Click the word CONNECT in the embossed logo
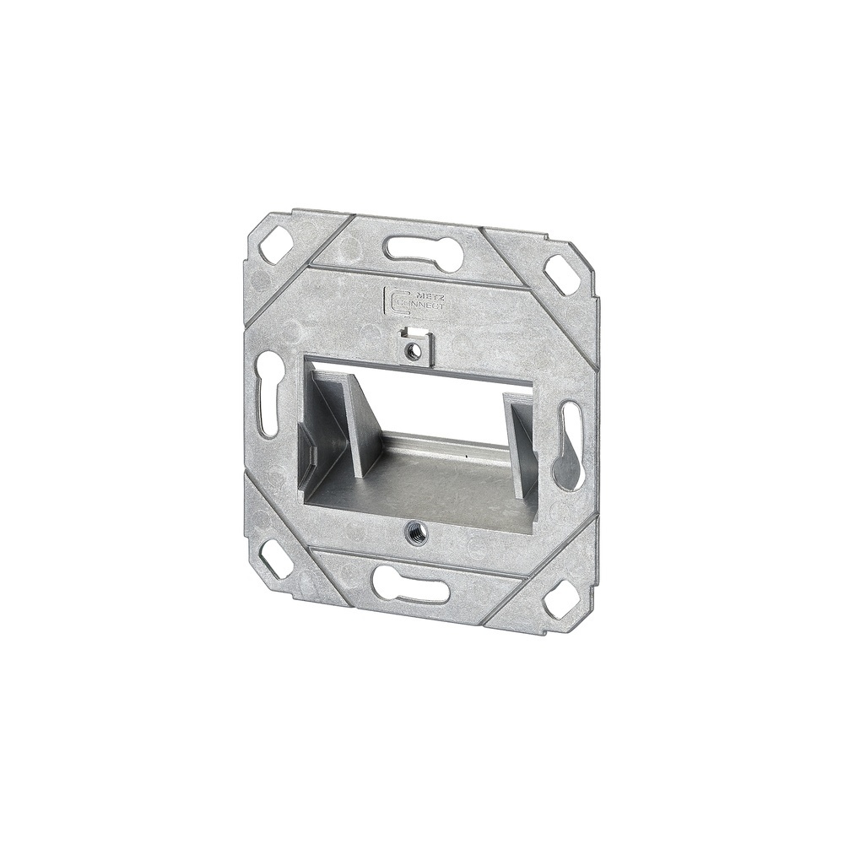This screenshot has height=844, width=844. (421, 306)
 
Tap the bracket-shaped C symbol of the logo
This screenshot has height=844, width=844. (391, 300)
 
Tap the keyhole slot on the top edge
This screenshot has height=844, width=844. (422, 251)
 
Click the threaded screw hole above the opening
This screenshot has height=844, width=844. (413, 350)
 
